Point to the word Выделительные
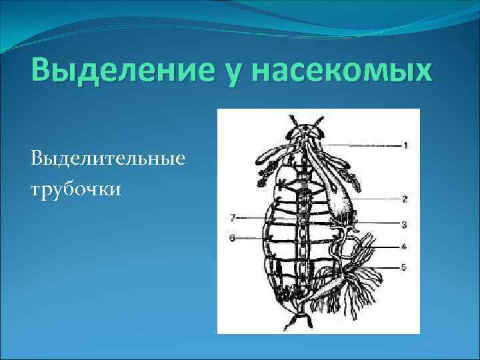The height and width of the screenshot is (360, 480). (107, 160)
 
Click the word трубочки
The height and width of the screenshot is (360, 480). (75, 189)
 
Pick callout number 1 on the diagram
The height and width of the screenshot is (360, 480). (405, 145)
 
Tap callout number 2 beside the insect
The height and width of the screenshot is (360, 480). (405, 198)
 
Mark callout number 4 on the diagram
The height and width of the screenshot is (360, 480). (405, 246)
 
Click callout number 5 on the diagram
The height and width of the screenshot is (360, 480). (405, 267)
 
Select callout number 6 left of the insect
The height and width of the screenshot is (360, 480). (232, 237)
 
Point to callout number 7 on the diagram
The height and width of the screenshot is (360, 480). (232, 217)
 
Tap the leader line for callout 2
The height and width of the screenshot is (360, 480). (377, 198)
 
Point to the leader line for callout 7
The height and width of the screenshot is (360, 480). (253, 217)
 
